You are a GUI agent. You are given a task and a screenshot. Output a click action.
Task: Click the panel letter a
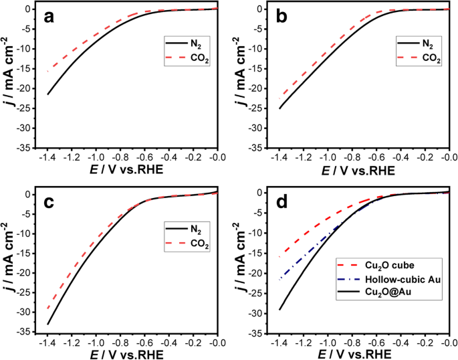[49, 17]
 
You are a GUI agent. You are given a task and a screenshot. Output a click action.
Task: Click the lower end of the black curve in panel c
[48, 325]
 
